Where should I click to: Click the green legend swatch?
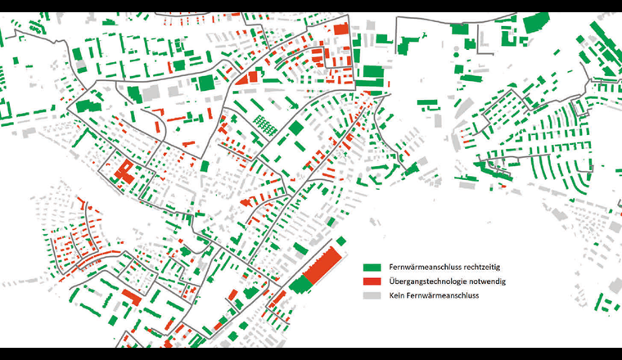pos(372,267)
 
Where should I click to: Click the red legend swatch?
pos(372,281)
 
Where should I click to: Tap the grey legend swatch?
pos(372,295)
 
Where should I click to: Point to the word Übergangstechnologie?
pos(427,281)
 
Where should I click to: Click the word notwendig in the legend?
pos(485,281)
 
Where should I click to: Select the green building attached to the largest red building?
pos(300,284)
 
